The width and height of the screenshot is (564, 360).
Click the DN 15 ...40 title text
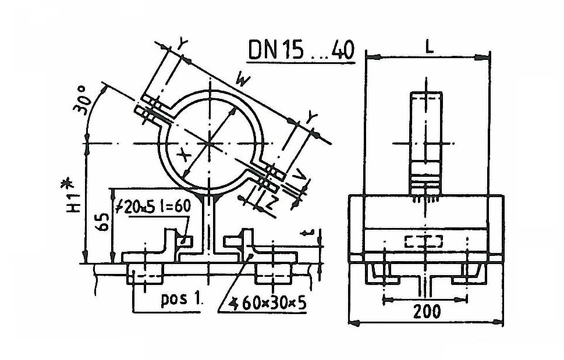pyautogui.click(x=301, y=49)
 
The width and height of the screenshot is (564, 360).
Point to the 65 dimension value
pyautogui.click(x=103, y=222)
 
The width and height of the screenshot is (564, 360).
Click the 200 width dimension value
pyautogui.click(x=427, y=311)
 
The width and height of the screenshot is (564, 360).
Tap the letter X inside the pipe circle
pyautogui.click(x=184, y=155)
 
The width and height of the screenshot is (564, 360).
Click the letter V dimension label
pyautogui.click(x=299, y=175)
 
